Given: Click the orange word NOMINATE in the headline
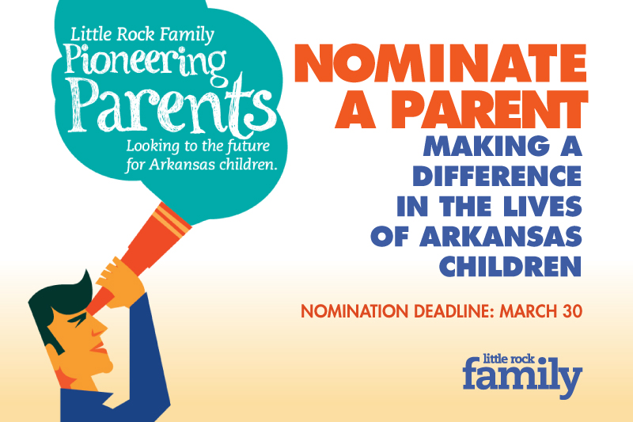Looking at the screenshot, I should (x=439, y=63).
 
